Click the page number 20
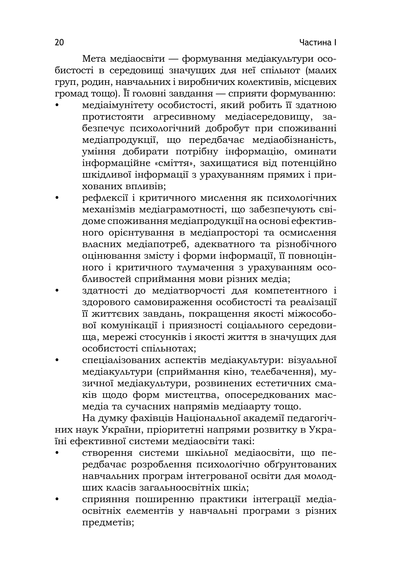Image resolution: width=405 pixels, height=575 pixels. pyautogui.click(x=59, y=43)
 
